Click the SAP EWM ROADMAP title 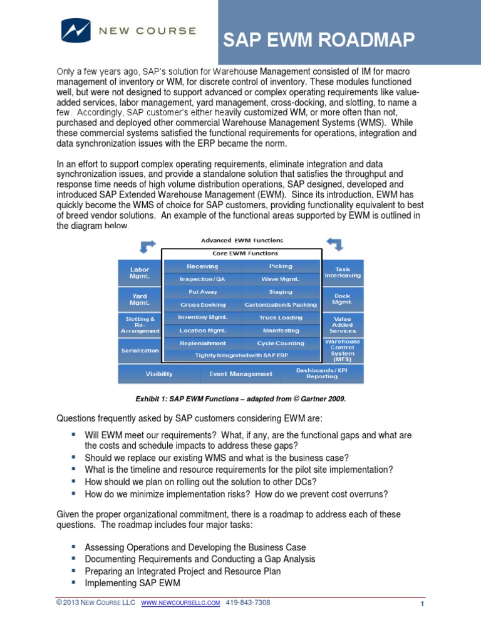coord(319,41)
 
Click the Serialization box coord(139,350)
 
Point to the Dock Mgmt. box coord(343,298)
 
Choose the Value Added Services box coord(343,324)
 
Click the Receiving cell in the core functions coord(202,266)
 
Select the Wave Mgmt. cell coord(280,278)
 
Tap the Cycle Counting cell coord(280,343)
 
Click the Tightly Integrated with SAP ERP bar coord(241,355)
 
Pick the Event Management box coord(240,374)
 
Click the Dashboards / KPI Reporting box coord(321,374)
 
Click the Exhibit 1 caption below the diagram coord(241,398)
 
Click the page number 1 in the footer coord(423,604)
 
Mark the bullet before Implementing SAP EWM coord(74,582)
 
